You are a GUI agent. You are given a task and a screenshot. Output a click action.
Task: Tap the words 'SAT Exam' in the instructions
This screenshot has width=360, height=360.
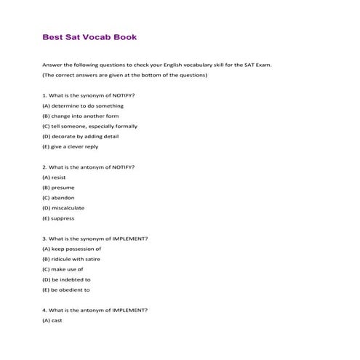(258, 65)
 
